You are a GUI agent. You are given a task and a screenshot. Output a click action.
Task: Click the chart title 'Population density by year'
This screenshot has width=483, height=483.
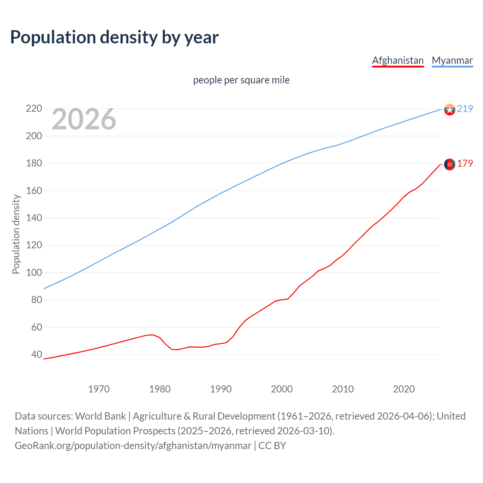click(x=114, y=37)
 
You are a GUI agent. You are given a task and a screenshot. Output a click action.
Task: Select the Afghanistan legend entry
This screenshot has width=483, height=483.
click(x=398, y=60)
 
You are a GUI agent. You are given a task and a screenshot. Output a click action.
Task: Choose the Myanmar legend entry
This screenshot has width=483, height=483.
click(x=452, y=60)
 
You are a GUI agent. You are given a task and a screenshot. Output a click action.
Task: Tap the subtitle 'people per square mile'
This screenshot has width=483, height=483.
click(x=241, y=80)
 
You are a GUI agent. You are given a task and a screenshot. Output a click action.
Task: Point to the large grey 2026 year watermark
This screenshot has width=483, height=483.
click(x=84, y=119)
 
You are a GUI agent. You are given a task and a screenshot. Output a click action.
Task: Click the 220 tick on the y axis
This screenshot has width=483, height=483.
click(x=34, y=109)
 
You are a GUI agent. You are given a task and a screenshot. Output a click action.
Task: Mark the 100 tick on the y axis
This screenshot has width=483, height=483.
click(x=34, y=272)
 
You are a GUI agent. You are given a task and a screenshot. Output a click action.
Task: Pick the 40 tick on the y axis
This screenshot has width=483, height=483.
click(x=37, y=354)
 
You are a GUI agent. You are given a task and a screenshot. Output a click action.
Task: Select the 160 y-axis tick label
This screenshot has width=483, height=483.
click(x=34, y=191)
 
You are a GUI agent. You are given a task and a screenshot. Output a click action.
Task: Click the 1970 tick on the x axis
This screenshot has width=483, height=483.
click(x=99, y=389)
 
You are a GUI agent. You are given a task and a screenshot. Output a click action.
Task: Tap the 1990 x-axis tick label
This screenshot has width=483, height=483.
click(x=221, y=389)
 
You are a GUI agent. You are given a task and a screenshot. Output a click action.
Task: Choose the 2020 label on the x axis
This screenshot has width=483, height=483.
click(x=404, y=389)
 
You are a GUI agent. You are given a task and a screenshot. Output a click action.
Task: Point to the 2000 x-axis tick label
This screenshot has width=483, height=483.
click(x=282, y=389)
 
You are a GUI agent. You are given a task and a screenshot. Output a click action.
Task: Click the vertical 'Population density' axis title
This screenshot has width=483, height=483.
click(x=16, y=234)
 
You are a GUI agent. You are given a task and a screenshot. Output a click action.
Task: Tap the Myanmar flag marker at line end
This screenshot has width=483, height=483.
click(x=449, y=109)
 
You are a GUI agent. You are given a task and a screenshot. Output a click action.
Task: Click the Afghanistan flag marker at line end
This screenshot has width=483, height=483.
click(x=449, y=164)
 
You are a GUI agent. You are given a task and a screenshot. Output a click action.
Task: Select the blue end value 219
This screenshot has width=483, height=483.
click(x=465, y=109)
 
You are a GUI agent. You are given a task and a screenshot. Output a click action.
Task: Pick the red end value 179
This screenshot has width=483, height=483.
click(x=465, y=163)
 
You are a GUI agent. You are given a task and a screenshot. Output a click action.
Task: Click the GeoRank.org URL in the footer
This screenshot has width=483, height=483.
click(x=133, y=446)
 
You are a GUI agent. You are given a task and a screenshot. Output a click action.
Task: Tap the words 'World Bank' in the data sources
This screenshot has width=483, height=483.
click(x=100, y=416)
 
